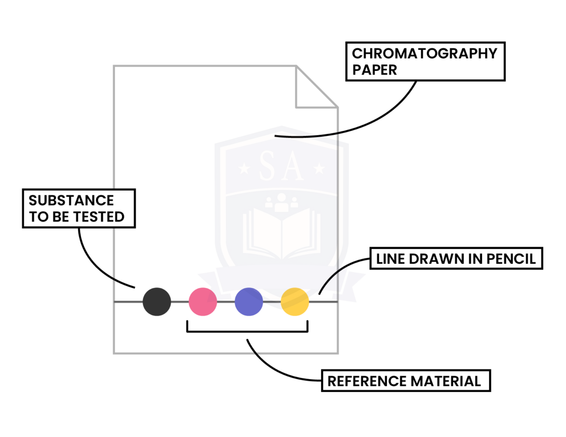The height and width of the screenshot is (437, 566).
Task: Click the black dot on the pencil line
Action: (x=157, y=302)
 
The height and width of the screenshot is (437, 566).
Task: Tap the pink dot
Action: (x=203, y=302)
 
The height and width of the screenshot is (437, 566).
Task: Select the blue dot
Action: (x=249, y=302)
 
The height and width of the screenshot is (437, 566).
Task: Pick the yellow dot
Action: (x=295, y=302)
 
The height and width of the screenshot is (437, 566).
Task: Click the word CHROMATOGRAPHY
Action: (x=424, y=54)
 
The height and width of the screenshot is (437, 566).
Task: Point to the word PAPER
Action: (x=374, y=70)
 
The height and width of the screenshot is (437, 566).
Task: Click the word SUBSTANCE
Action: (x=71, y=200)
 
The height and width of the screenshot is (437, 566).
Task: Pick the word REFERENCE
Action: (x=367, y=381)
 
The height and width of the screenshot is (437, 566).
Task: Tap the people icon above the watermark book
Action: (x=282, y=202)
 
